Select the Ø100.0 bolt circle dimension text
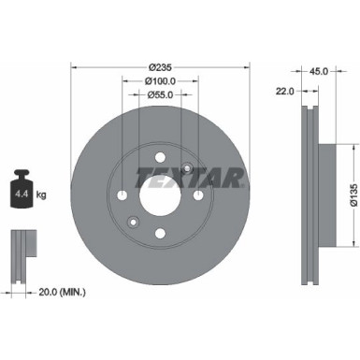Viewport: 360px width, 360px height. pos(162,80)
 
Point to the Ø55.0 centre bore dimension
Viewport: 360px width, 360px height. pos(162,95)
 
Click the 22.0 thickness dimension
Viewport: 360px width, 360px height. pos(285,91)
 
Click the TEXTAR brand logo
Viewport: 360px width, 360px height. pos(191,176)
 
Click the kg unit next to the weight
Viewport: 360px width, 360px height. pos(42,196)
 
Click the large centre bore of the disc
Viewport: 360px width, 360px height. pos(162,194)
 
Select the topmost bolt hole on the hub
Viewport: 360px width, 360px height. pos(162,156)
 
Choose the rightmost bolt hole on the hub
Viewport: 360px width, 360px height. pos(200,194)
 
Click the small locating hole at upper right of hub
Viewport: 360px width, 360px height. pos(189,168)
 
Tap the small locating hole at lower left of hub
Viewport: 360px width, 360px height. pos(135,221)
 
